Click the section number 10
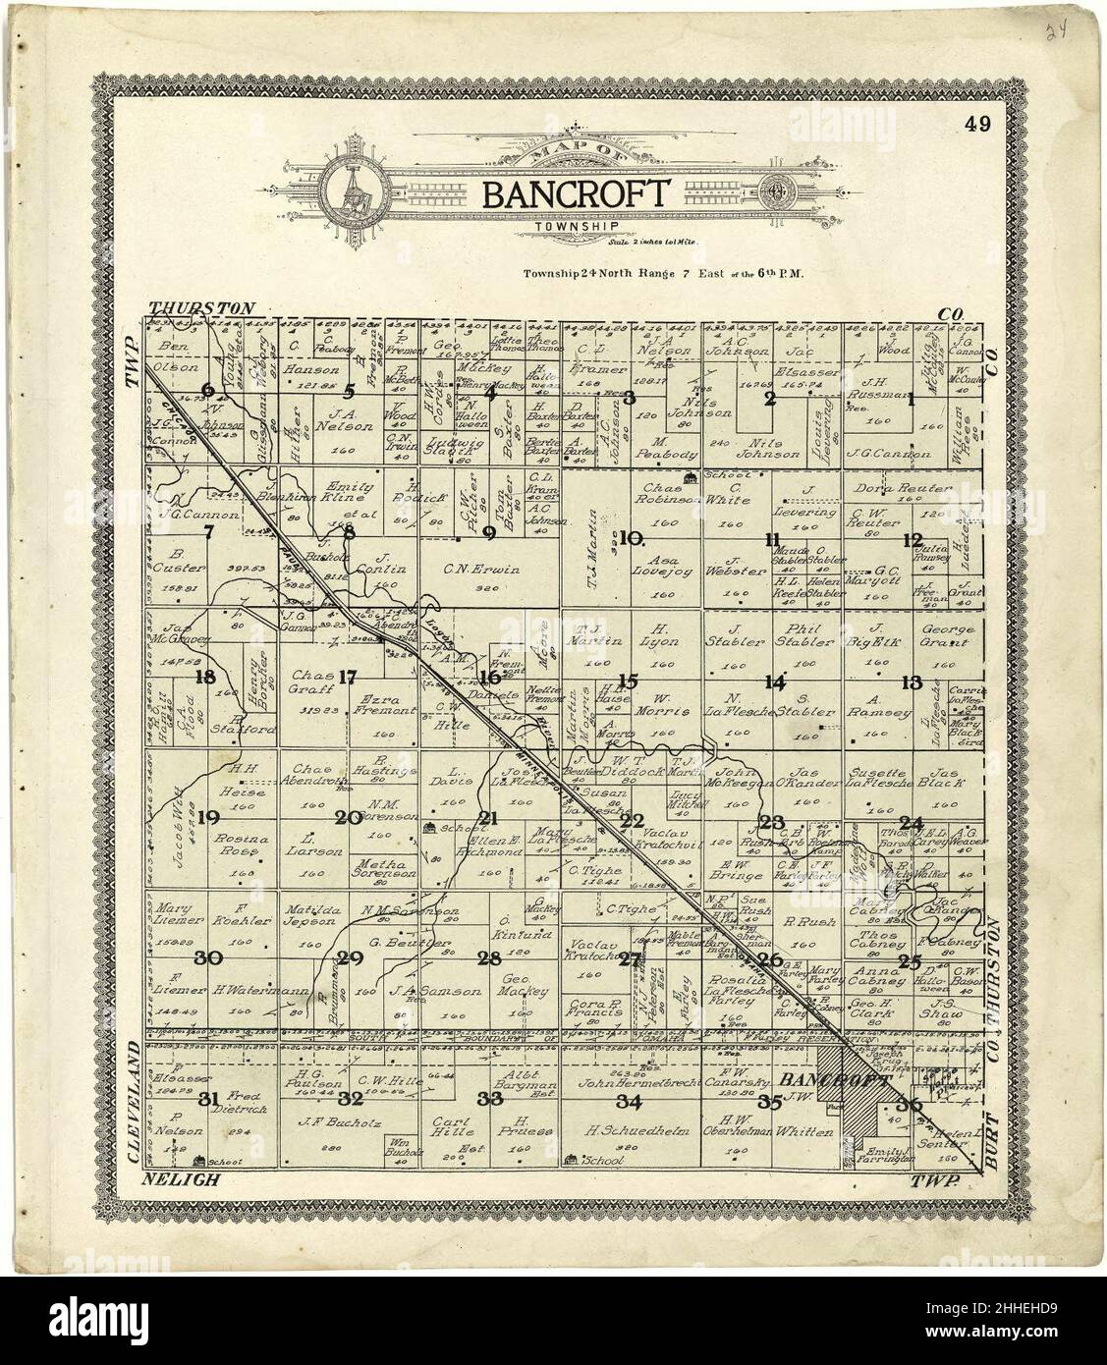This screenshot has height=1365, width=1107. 631,537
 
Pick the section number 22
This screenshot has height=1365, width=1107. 632,820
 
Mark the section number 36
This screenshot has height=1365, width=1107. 909,1106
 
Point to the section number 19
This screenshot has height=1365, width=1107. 207,817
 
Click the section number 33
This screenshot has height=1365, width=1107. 491,1098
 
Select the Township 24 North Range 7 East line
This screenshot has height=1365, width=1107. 663,277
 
